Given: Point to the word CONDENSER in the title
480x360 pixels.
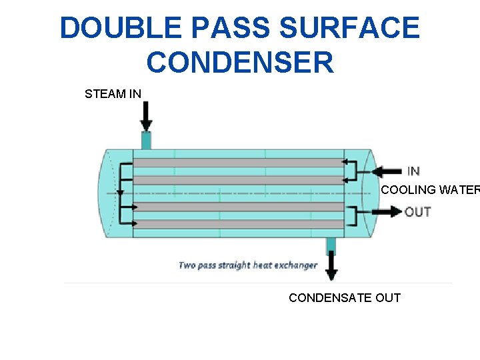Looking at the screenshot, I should click(x=240, y=63).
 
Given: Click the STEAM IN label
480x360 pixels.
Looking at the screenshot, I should click(x=113, y=94).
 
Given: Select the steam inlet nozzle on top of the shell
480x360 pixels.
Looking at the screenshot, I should click(x=146, y=141).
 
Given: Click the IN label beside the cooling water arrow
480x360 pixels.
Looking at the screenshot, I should click(x=413, y=171).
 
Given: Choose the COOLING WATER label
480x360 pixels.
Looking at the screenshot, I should click(x=430, y=190).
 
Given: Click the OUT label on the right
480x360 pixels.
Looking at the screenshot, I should click(x=418, y=212).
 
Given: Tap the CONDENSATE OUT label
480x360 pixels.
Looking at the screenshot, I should click(x=345, y=297).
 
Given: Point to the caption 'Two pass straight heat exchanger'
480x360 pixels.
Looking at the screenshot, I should click(x=247, y=265).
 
